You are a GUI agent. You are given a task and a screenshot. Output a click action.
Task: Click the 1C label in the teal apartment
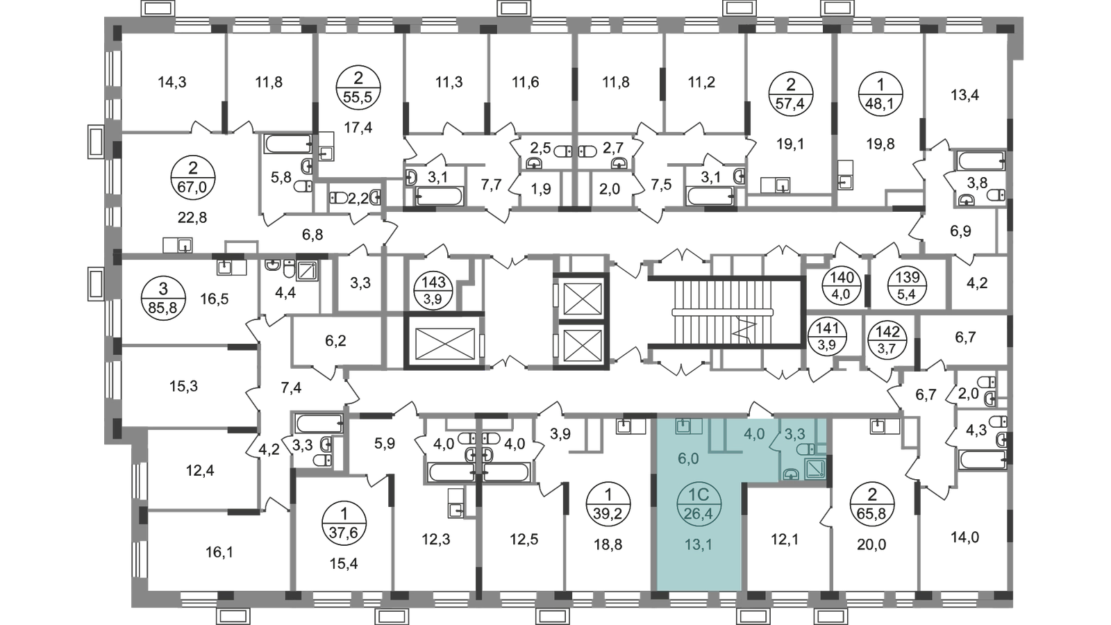tap(699, 494)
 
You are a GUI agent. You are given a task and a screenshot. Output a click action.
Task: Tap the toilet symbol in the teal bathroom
tap(809, 450)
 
